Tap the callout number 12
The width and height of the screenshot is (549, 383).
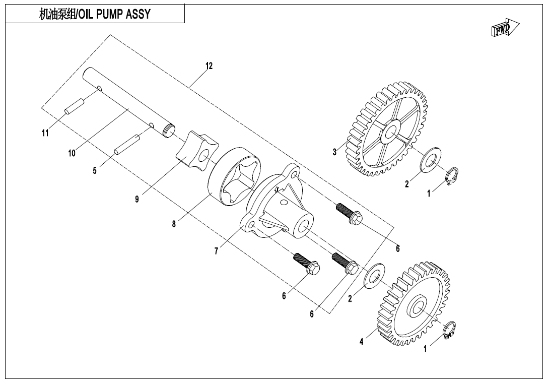click(x=209, y=66)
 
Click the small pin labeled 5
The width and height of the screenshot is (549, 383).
click(x=126, y=145)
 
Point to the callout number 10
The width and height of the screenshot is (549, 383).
click(x=72, y=153)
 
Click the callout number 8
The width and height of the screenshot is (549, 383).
click(x=174, y=225)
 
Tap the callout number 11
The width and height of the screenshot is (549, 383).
click(x=45, y=133)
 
